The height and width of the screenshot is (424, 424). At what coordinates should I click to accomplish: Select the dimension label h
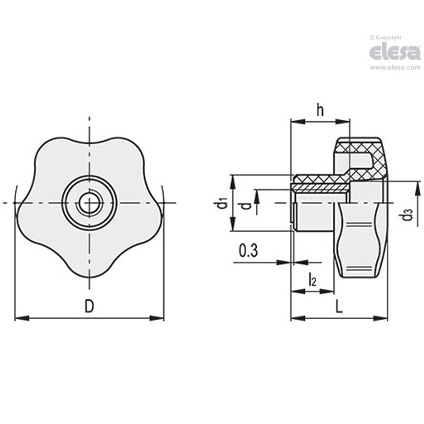pyautogui.click(x=320, y=111)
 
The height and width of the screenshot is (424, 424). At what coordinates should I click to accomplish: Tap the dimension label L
pyautogui.click(x=338, y=307)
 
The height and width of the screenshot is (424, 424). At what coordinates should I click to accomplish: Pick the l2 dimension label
pyautogui.click(x=312, y=280)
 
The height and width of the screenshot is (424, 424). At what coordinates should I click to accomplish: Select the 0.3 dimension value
pyautogui.click(x=248, y=251)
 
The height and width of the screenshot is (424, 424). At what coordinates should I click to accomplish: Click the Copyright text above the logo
pyautogui.click(x=386, y=37)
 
